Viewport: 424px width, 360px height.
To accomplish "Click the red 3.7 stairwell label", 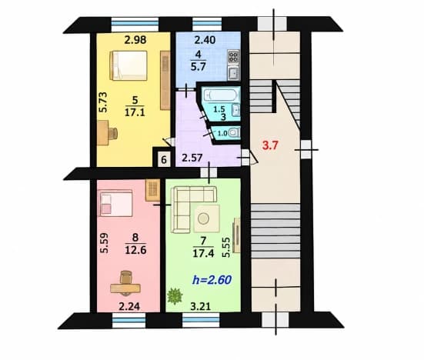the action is pos(271,145).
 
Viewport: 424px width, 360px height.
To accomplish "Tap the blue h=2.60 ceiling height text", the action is pos(212,280).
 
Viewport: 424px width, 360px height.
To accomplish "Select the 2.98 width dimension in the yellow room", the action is pos(135,40).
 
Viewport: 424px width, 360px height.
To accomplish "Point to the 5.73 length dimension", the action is pos(103,102).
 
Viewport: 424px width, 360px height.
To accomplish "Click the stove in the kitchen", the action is pos(233,57).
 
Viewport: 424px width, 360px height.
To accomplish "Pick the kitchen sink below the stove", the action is pos(233,73).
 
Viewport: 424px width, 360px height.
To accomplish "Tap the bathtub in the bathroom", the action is pos(221,95).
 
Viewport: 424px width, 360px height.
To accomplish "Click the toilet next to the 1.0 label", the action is pos(234,133).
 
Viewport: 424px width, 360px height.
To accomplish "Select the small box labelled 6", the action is pos(164,159).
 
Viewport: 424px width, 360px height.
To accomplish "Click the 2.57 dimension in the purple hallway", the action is pos(192,158).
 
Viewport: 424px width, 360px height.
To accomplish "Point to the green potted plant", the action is pos(175,295).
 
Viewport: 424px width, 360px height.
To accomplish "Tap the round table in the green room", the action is pos(203,218).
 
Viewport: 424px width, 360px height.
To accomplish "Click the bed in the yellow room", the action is pos(129,65).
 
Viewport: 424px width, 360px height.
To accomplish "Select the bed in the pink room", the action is pos(116,203).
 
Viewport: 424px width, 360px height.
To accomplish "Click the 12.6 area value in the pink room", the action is pos(135,250).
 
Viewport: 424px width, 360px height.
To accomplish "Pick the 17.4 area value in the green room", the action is pos(203,253).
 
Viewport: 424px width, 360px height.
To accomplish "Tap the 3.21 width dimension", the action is pos(200,306).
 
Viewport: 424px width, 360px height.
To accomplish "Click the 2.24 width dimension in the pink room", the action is pos(129,306).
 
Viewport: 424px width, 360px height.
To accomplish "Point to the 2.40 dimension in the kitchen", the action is pos(205,40).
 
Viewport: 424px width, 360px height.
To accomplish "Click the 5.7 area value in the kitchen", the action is pos(199,66).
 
